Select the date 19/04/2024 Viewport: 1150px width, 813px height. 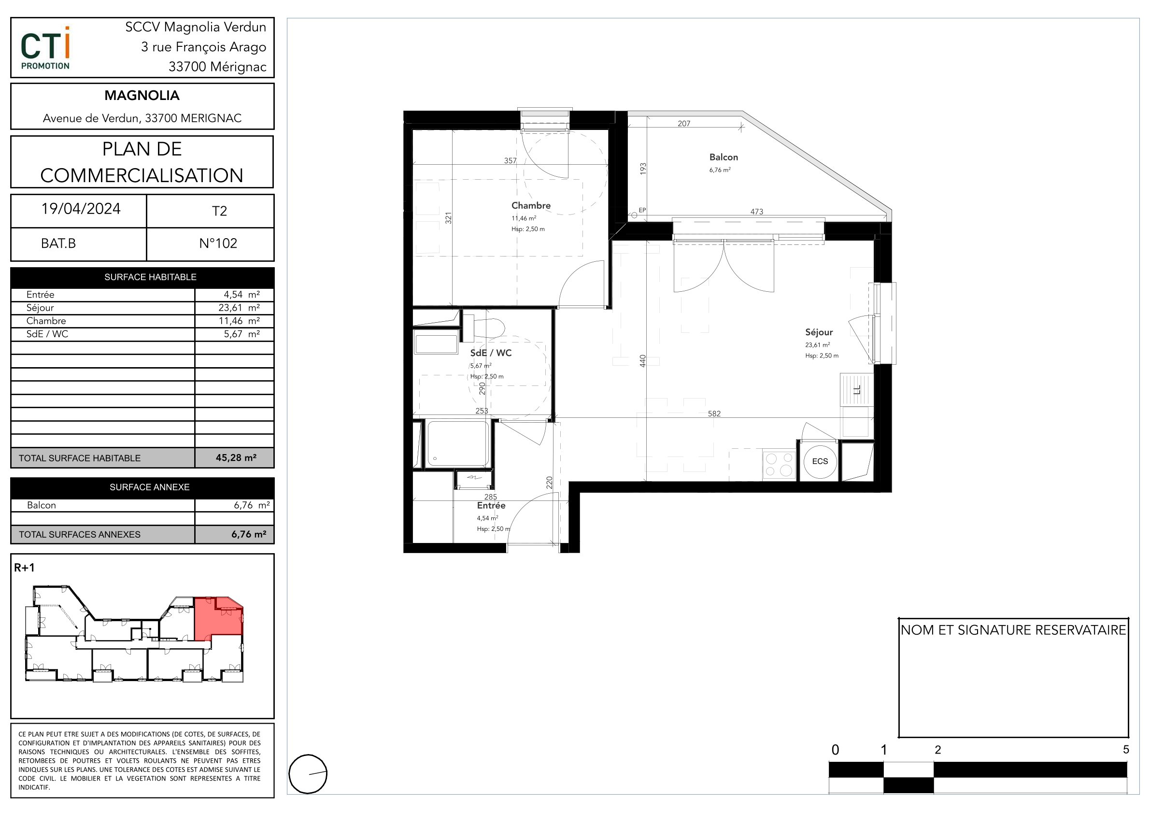tap(81, 209)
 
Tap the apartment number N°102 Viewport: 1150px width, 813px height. tap(218, 243)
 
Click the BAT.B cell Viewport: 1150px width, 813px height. tap(58, 243)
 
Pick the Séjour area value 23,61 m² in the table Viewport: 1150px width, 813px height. tap(239, 308)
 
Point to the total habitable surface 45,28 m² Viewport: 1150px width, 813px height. tap(236, 457)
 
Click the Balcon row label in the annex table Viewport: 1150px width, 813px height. tap(42, 505)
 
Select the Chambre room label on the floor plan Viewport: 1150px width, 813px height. tap(531, 205)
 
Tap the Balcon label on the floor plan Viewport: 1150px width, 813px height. tap(723, 157)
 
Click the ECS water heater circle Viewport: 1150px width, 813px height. tap(820, 461)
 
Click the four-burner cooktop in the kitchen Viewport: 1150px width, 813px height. tap(779, 464)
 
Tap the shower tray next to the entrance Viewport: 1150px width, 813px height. tap(457, 444)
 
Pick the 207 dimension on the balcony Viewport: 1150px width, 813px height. tap(684, 124)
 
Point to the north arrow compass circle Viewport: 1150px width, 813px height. tap(308, 773)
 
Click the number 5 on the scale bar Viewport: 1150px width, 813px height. tap(1126, 749)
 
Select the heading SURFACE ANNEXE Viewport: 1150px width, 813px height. tap(149, 487)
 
